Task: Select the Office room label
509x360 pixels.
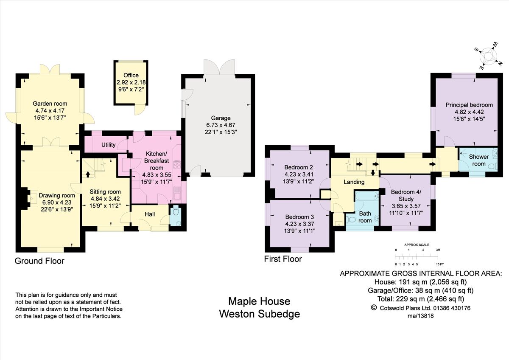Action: [131, 76]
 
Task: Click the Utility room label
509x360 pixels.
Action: [109, 145]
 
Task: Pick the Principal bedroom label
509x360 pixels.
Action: [469, 105]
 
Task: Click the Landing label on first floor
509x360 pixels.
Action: [354, 182]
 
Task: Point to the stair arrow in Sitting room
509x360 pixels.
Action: [88, 174]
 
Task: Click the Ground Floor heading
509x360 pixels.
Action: [39, 261]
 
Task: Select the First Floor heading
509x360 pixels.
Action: [283, 259]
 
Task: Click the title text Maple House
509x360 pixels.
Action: [259, 301]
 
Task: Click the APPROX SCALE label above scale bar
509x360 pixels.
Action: [417, 245]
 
